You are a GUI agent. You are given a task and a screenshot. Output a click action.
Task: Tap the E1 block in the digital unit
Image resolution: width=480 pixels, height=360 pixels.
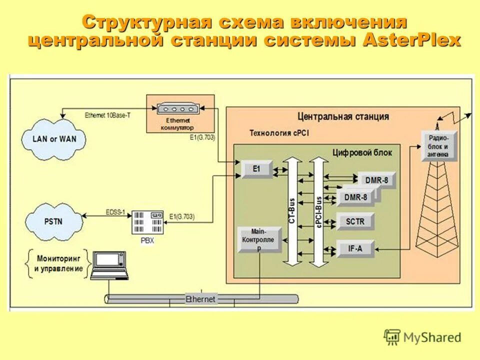[x=256, y=169]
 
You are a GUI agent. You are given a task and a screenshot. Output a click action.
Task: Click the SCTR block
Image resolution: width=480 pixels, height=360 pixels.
[x=355, y=221]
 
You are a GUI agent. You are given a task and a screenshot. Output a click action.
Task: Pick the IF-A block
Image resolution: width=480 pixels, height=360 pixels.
[x=355, y=248]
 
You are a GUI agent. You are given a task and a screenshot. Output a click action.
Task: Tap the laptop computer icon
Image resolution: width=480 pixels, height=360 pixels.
[x=109, y=265]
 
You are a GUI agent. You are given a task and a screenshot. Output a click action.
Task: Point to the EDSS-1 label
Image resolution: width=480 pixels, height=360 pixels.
[x=115, y=211]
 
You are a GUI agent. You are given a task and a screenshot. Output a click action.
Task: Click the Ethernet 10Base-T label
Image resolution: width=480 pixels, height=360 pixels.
[x=107, y=115]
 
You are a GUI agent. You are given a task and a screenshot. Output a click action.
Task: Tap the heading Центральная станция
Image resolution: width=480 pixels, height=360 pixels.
[x=342, y=116]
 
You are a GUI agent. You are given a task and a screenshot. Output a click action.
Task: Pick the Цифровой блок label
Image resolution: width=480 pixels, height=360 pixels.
[x=362, y=152]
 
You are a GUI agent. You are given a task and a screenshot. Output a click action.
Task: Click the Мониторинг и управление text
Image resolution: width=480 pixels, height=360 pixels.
[x=58, y=263]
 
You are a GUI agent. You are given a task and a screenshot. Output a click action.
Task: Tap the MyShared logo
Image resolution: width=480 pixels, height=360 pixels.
[x=422, y=337]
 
